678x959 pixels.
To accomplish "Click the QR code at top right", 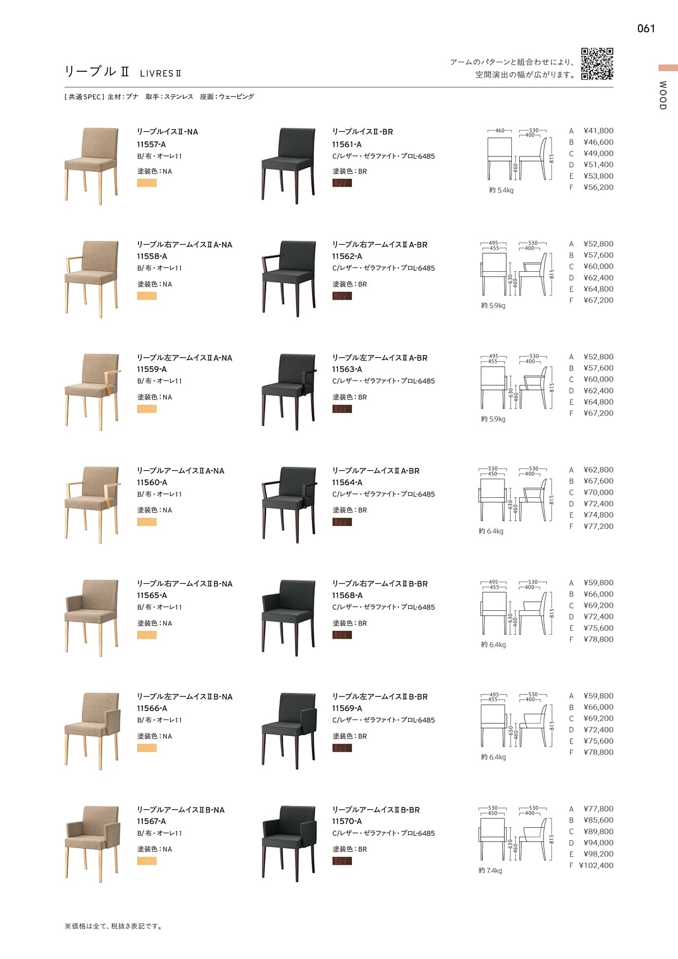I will coord(597,64).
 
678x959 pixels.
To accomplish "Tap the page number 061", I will coord(646,29).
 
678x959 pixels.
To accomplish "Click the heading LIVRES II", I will coord(160,73).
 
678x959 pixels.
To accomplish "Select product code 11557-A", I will coord(151,144).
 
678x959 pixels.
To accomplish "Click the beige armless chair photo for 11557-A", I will coord(92,165).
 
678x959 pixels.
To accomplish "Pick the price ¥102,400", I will coord(596,865).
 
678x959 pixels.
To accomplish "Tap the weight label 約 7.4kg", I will coord(490,870).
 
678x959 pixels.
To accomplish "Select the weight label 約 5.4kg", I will coord(501,190).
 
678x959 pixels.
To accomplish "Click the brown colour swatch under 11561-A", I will coord(342,183).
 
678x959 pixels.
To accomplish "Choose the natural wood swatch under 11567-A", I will coord(147,861).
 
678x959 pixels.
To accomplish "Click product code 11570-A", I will coord(347,821).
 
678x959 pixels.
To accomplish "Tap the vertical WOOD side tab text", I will coord(663,96).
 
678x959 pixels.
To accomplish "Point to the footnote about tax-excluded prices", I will coord(114,926).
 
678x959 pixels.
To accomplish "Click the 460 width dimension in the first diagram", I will coord(499,131).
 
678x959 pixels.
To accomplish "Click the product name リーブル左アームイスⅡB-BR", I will coord(379,697).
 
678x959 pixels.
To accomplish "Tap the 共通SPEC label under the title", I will coord(84,97).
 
